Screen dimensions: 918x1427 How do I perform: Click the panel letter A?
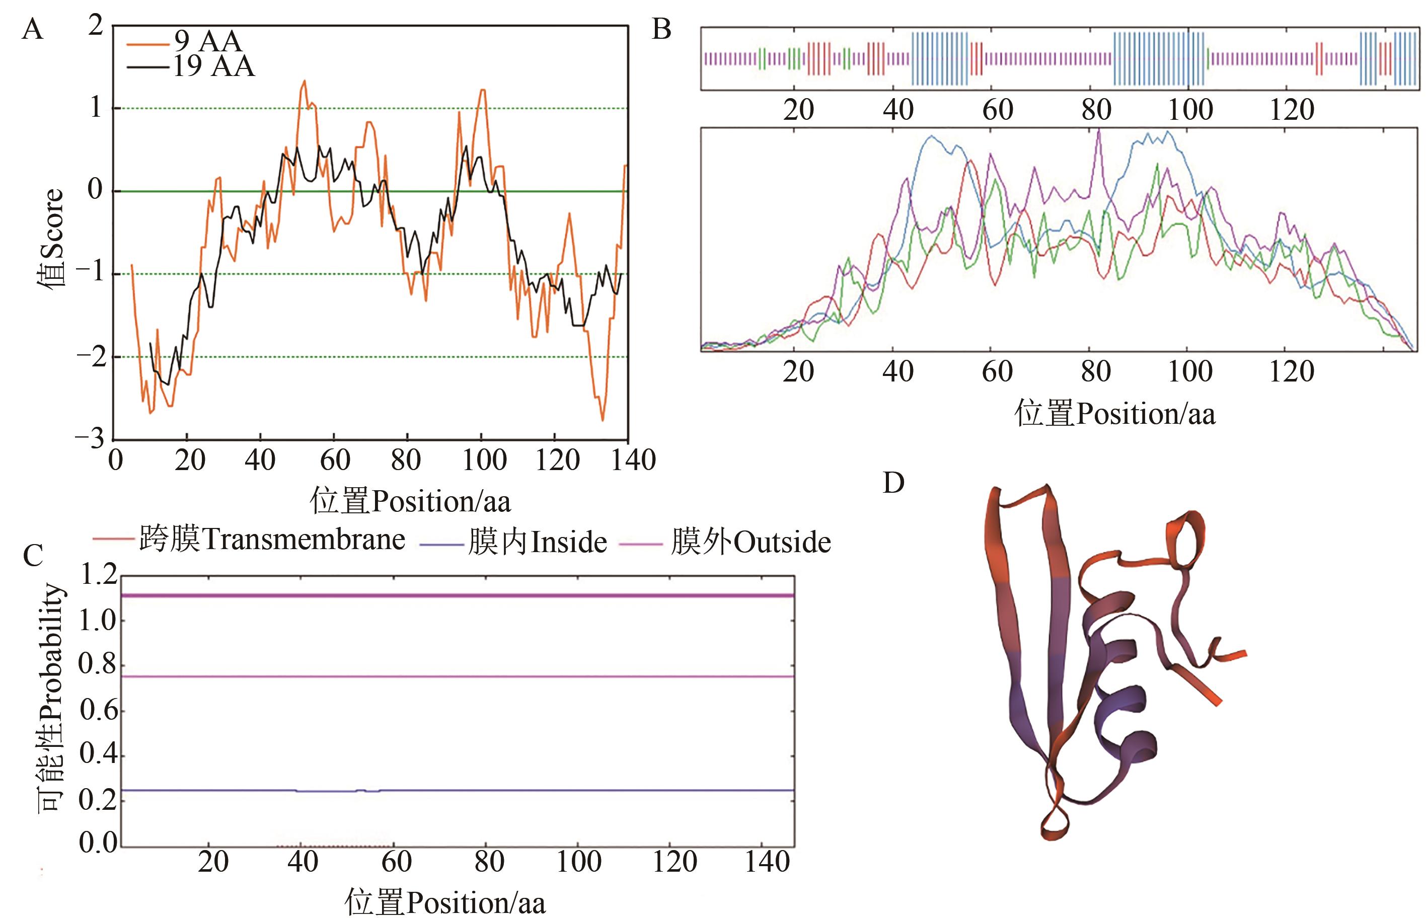[32, 29]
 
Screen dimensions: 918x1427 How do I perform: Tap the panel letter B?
[661, 29]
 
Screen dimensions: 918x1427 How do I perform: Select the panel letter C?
[33, 556]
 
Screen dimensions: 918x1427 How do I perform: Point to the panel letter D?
[893, 483]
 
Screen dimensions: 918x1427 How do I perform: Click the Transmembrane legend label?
[272, 540]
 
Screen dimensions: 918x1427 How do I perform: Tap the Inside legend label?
[537, 543]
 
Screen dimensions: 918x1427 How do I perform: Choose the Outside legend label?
[750, 543]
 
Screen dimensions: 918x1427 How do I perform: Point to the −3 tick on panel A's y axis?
[90, 439]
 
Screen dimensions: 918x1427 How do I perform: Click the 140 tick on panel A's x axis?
[634, 460]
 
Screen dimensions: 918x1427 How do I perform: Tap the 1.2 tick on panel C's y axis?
[98, 575]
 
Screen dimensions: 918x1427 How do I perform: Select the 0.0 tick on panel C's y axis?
[98, 843]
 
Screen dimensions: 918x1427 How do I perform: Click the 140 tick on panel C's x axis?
[767, 863]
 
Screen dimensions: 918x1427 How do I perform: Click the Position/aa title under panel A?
[410, 501]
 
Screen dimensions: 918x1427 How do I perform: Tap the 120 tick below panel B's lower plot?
[1292, 372]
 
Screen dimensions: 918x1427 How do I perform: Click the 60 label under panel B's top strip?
[997, 110]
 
